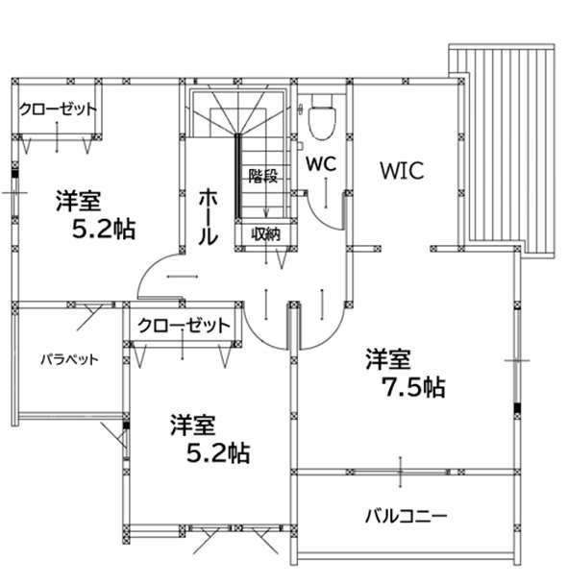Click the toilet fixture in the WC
click(x=323, y=117)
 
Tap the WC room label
click(x=321, y=164)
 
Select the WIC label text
click(x=402, y=171)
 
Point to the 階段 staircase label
click(x=263, y=176)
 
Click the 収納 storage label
click(x=265, y=234)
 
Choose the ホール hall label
click(x=208, y=217)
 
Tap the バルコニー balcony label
click(x=406, y=516)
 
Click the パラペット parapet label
click(x=69, y=360)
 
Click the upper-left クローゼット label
click(x=58, y=109)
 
